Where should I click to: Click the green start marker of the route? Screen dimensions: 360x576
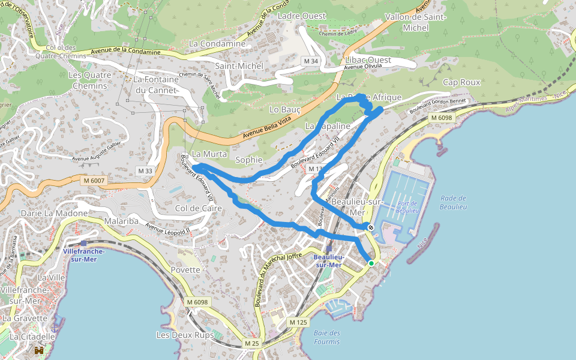(371, 263)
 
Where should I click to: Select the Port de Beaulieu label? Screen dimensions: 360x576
(407, 207)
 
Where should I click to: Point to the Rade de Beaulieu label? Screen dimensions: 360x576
(453, 202)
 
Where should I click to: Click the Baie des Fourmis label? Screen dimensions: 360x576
(327, 337)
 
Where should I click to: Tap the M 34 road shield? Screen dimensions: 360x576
(310, 61)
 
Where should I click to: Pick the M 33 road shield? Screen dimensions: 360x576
(146, 171)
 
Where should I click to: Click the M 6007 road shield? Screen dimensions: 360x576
(94, 180)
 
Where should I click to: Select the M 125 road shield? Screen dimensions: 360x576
(298, 322)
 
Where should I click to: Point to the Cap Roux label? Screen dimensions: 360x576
(461, 82)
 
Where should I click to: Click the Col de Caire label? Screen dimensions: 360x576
(199, 208)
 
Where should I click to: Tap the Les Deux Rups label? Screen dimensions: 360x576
(185, 335)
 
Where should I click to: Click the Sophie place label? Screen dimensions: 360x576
(249, 160)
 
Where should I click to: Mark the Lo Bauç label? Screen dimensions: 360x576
(285, 110)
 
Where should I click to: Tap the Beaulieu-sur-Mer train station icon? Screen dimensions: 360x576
(329, 248)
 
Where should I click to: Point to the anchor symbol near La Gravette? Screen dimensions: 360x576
(56, 328)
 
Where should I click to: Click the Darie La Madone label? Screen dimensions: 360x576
(54, 213)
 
